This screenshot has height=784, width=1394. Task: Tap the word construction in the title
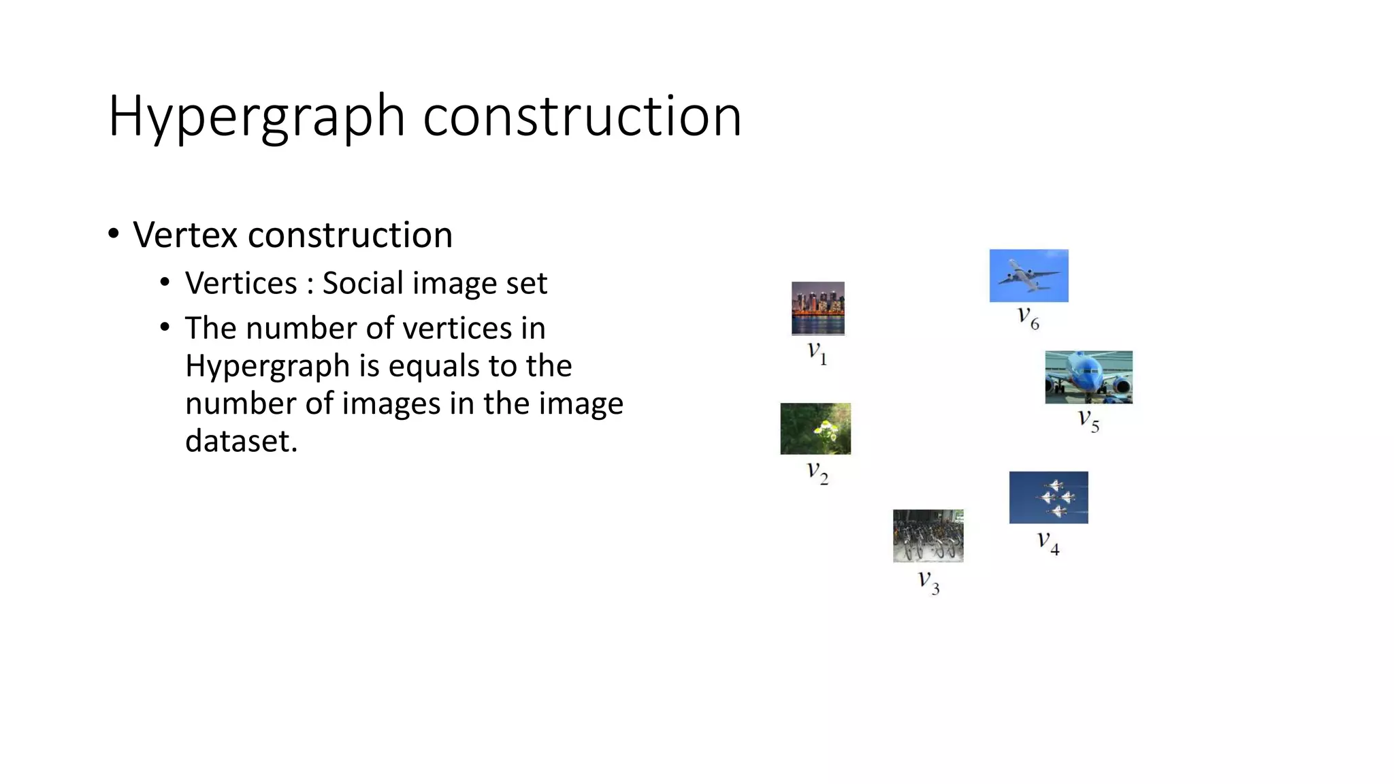(582, 116)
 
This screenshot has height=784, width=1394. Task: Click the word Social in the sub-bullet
(365, 283)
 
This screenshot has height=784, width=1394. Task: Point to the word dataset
(241, 441)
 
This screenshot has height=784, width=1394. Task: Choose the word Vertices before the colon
(241, 283)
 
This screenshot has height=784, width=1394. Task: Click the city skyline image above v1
(817, 308)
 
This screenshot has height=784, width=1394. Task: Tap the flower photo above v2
(815, 429)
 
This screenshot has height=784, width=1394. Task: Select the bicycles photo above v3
(928, 536)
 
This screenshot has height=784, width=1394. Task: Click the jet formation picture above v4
(1048, 497)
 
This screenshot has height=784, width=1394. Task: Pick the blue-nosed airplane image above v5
(1088, 377)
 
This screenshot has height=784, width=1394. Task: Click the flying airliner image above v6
(1028, 276)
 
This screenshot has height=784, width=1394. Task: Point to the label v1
(817, 353)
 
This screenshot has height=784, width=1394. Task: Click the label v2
(817, 472)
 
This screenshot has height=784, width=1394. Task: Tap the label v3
(928, 582)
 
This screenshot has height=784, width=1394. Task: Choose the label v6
(1028, 317)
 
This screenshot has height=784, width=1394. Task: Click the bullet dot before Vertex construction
(114, 234)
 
